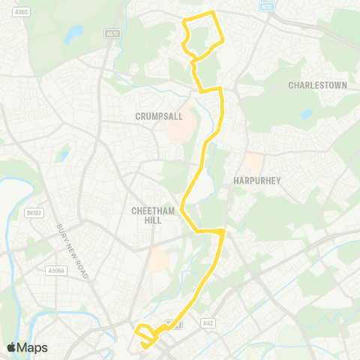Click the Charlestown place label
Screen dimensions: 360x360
point(318,85)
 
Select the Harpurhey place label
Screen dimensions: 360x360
point(256,181)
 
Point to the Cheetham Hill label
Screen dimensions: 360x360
point(153,215)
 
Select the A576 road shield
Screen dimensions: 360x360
point(113,34)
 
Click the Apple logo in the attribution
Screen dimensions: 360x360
point(11,347)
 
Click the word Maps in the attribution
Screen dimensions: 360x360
point(32,347)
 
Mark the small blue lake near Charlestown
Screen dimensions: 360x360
point(306,115)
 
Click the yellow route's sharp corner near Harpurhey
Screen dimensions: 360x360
point(223,232)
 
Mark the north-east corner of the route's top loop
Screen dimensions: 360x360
point(214,13)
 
